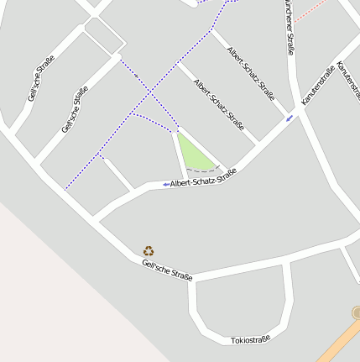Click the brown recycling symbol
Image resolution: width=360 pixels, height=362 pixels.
pyautogui.click(x=149, y=249)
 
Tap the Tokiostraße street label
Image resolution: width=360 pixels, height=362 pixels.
pyautogui.click(x=251, y=339)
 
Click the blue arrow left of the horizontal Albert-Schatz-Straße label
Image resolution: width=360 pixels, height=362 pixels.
pyautogui.click(x=165, y=184)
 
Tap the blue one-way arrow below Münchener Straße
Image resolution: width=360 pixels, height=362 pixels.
pyautogui.click(x=290, y=118)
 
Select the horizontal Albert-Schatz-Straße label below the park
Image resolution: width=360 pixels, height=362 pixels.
pyautogui.click(x=203, y=177)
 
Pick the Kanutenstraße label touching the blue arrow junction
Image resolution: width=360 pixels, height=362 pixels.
pyautogui.click(x=318, y=85)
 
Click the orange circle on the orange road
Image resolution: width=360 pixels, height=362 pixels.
pyautogui.click(x=357, y=312)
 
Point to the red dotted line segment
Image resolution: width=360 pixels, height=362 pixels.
pyautogui.click(x=311, y=11)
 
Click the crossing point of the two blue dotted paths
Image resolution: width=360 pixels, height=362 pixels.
pyautogui.click(x=152, y=87)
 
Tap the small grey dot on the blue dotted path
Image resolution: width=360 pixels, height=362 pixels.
pyautogui.click(x=136, y=76)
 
